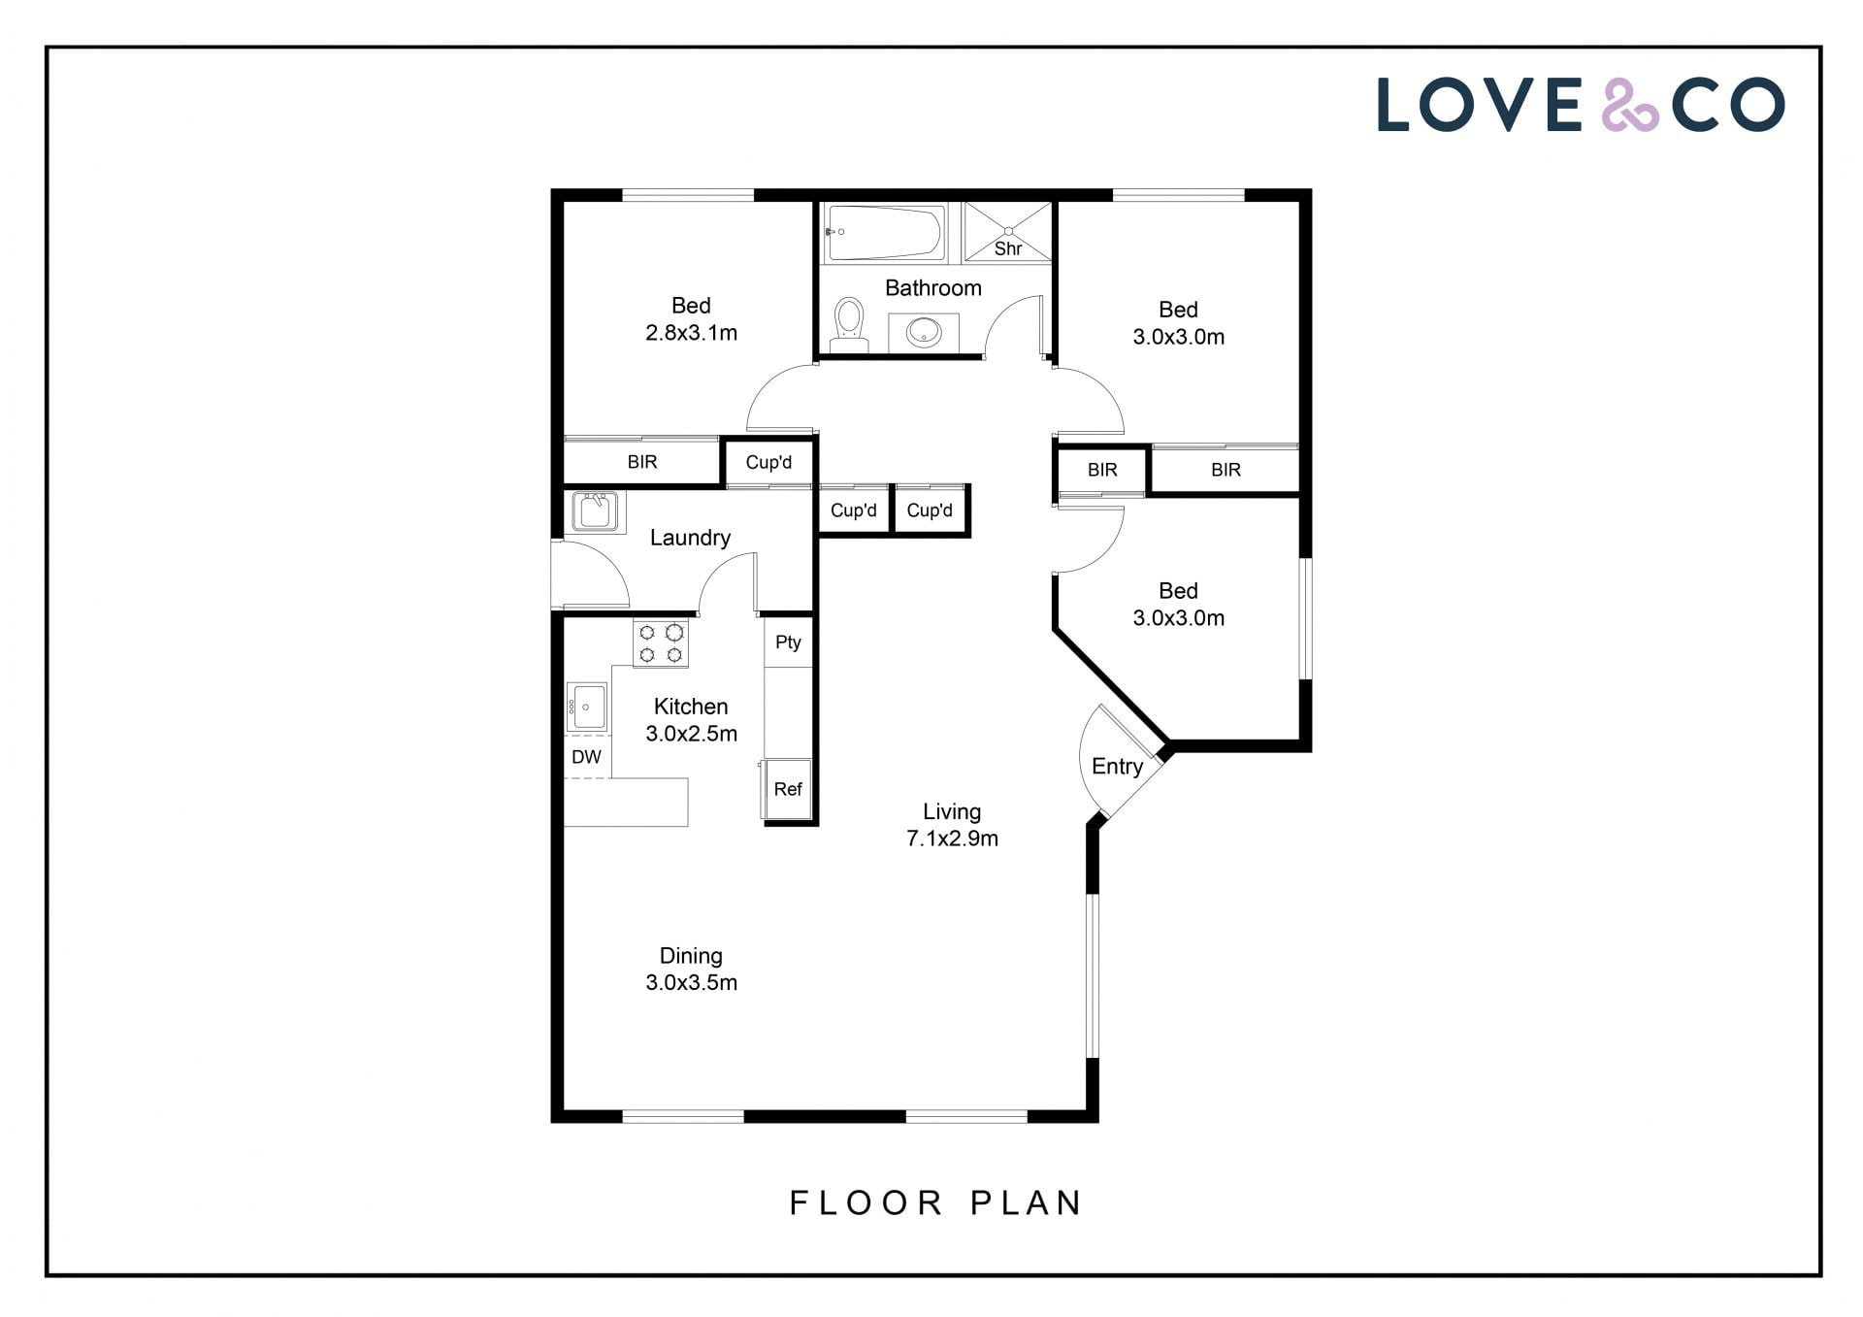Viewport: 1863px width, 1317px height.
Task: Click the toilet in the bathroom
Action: pyautogui.click(x=849, y=324)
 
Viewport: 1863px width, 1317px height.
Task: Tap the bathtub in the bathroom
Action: pyautogui.click(x=884, y=232)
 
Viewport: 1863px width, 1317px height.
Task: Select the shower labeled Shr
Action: pyautogui.click(x=1007, y=232)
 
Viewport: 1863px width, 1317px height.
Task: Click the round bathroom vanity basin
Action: pyautogui.click(x=924, y=333)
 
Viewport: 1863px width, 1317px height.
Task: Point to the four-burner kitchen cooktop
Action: pyautogui.click(x=661, y=643)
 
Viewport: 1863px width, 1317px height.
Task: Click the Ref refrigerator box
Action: pyautogui.click(x=788, y=789)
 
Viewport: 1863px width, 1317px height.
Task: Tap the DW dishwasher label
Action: pyautogui.click(x=586, y=757)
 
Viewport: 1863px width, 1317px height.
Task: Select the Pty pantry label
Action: pyautogui.click(x=788, y=642)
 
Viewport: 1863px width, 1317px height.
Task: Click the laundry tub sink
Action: pyautogui.click(x=594, y=511)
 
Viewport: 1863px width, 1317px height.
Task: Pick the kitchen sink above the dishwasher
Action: pyautogui.click(x=587, y=707)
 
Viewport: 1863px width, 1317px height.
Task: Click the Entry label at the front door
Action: pyautogui.click(x=1117, y=767)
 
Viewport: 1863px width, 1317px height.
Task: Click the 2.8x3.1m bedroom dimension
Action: pyautogui.click(x=691, y=333)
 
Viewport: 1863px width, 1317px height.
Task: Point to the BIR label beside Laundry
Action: pyautogui.click(x=642, y=462)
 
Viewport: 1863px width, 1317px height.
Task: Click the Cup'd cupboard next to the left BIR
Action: pyautogui.click(x=768, y=462)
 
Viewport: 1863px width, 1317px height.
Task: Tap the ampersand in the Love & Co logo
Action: pyautogui.click(x=1629, y=105)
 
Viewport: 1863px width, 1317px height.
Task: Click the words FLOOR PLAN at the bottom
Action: pyautogui.click(x=935, y=1202)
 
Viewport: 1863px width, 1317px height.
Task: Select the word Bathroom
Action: pyautogui.click(x=933, y=288)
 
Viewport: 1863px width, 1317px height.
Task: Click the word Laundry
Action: pyautogui.click(x=690, y=538)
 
